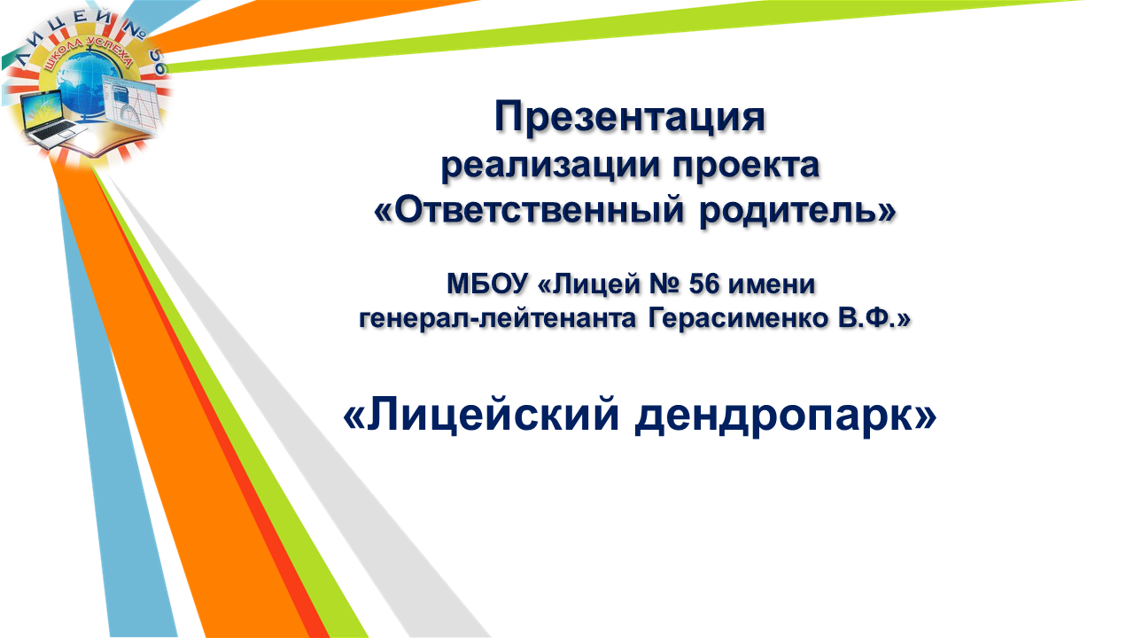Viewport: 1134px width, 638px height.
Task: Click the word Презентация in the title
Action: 630,118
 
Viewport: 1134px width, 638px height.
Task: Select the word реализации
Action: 550,167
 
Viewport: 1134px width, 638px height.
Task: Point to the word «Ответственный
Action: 529,210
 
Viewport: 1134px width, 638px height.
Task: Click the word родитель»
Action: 797,211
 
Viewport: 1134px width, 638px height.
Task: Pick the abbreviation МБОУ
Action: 486,284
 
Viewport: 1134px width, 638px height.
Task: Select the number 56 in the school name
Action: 703,284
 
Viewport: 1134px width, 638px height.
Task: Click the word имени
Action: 772,284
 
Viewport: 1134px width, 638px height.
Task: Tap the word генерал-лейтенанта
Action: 497,319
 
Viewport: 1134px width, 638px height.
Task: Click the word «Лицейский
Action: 481,416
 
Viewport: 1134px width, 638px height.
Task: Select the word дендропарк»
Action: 786,416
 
